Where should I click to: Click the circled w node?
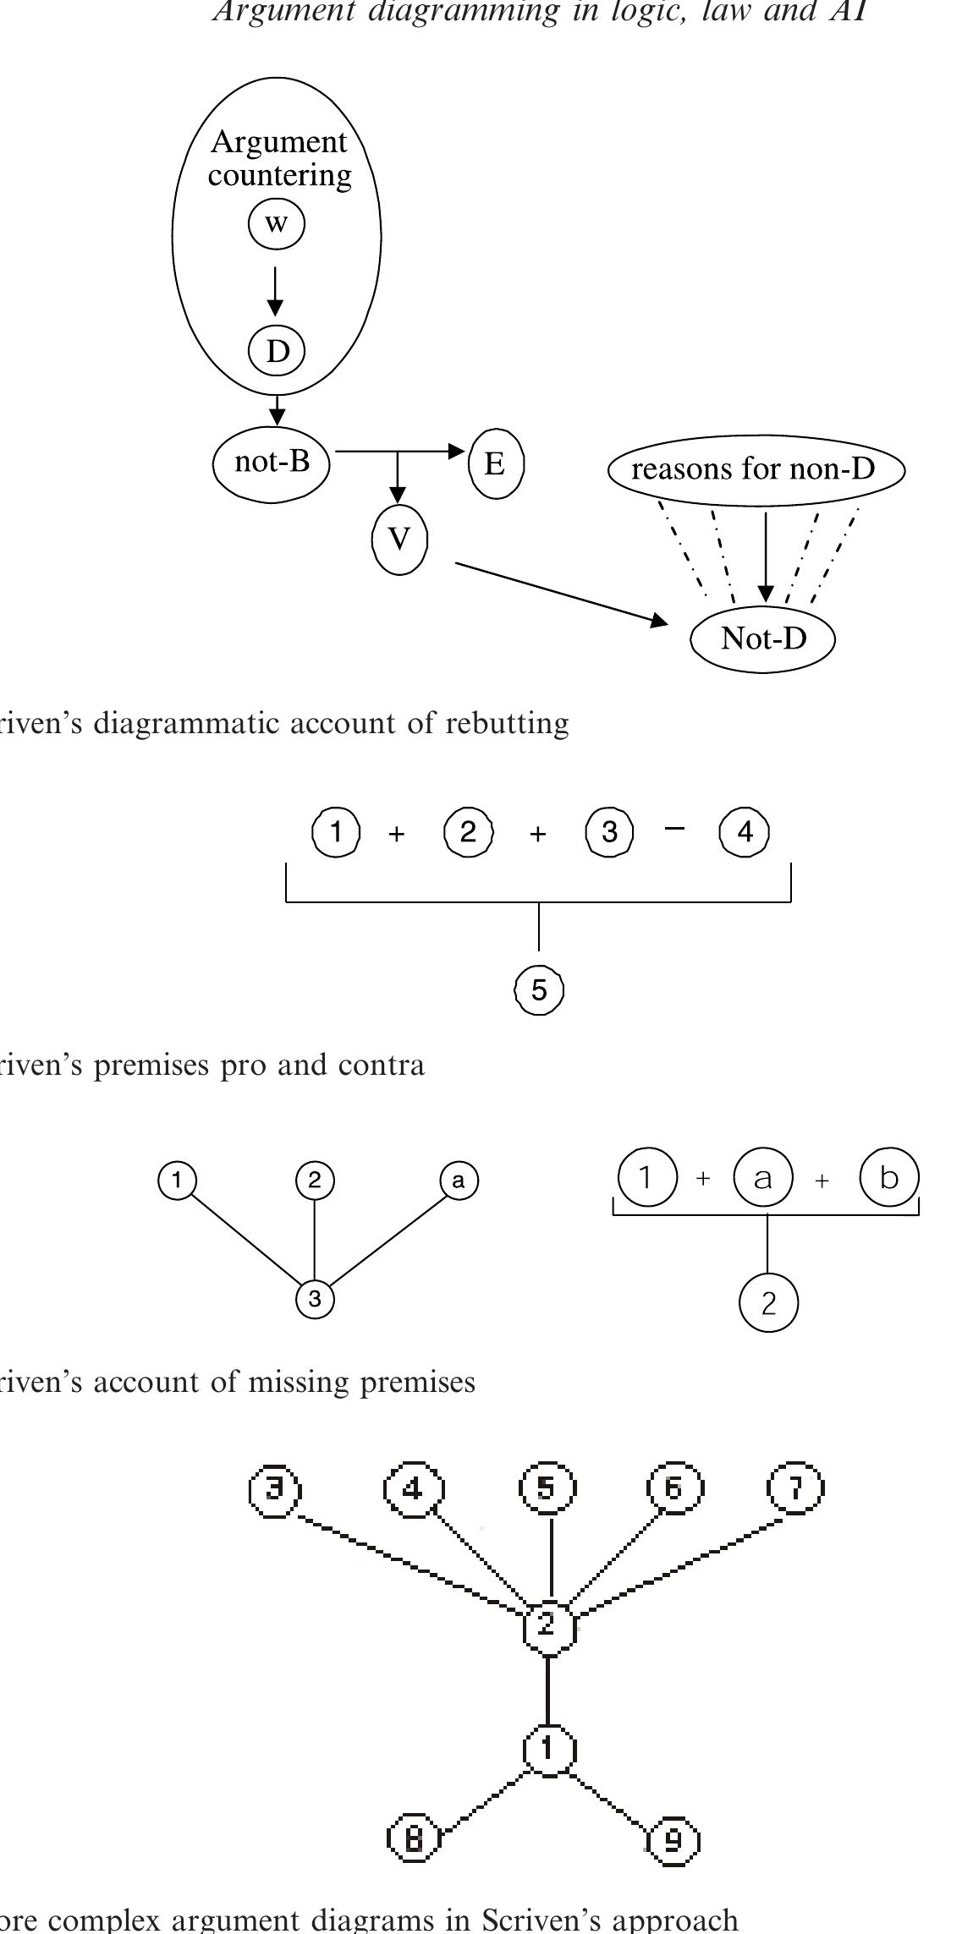(276, 224)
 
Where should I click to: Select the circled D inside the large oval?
(277, 350)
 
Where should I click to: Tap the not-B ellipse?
(272, 463)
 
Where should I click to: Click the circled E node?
(496, 463)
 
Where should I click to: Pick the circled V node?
(399, 539)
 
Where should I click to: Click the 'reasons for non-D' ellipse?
(756, 469)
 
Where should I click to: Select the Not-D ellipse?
(762, 638)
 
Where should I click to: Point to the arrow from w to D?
(275, 290)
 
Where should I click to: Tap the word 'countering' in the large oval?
(279, 175)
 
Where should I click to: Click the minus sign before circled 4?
(673, 829)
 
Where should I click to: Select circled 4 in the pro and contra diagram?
(744, 832)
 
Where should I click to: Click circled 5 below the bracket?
(539, 989)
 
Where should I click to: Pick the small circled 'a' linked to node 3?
(459, 1181)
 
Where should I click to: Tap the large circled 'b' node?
(888, 1176)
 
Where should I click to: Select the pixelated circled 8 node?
(414, 1839)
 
